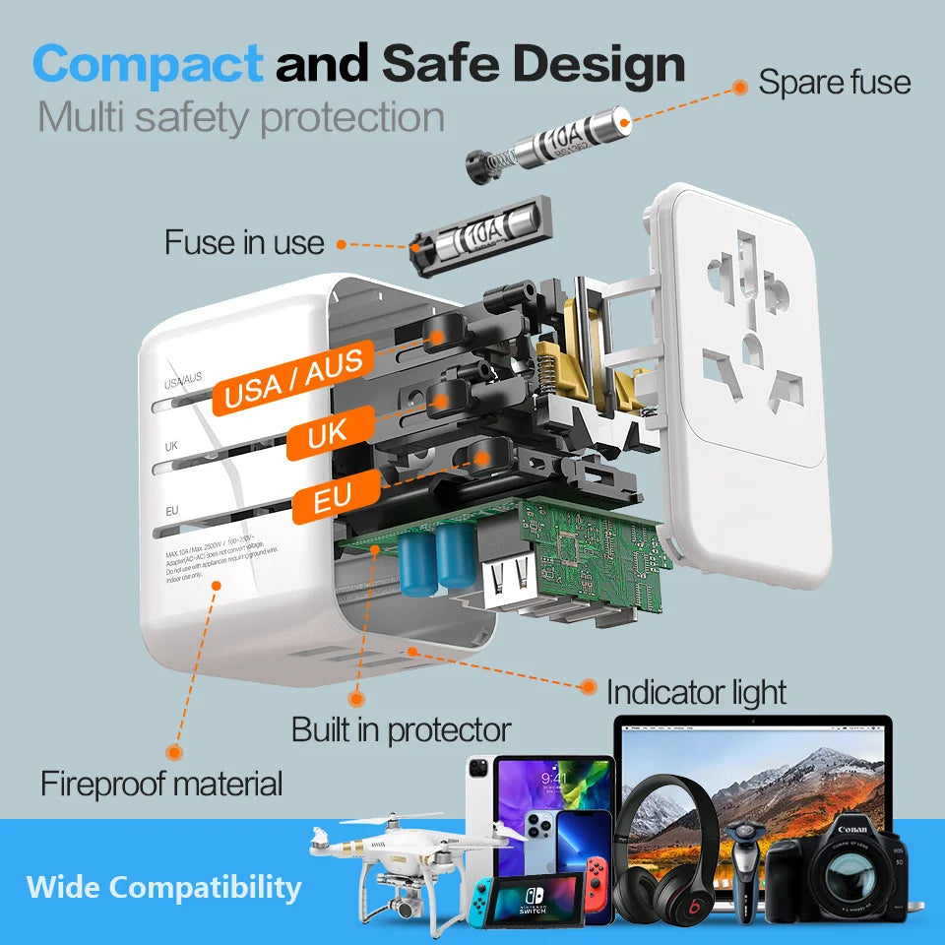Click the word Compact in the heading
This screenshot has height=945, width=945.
click(148, 64)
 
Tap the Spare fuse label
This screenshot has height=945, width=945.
click(834, 82)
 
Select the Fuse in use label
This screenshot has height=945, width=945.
click(244, 241)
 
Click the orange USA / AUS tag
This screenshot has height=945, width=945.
click(294, 378)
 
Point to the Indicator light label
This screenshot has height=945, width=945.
click(696, 692)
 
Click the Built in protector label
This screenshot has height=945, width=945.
click(401, 729)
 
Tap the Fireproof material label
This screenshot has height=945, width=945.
click(161, 784)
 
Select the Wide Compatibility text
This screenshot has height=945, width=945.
click(163, 887)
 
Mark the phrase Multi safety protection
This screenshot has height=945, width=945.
click(241, 117)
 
